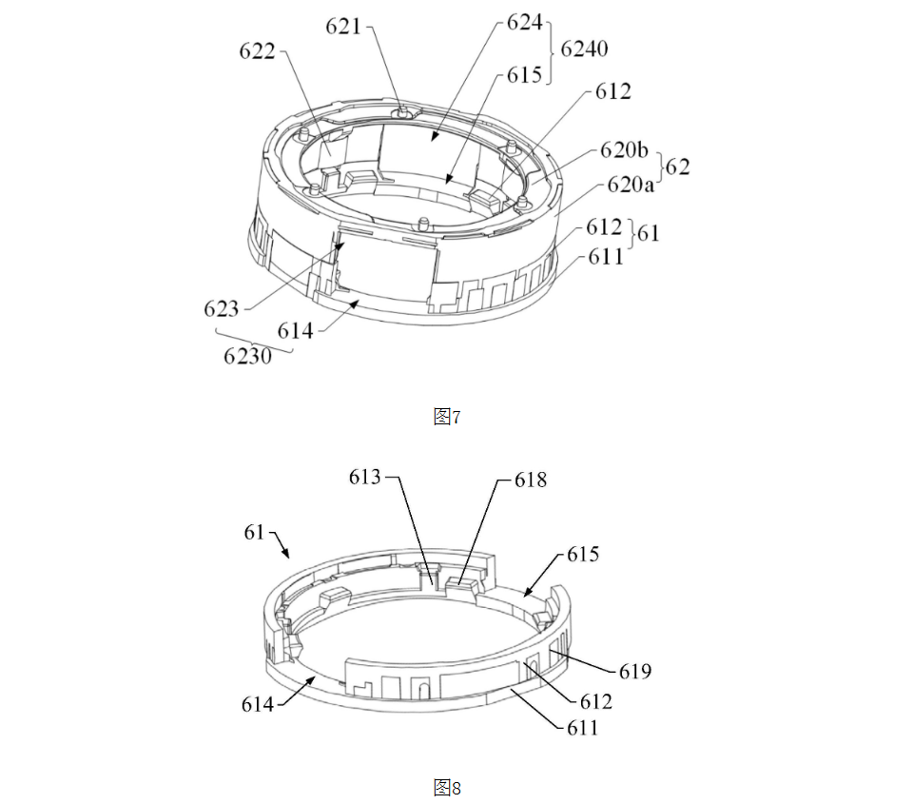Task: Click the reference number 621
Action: (343, 27)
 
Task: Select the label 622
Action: (257, 51)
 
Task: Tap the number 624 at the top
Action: (525, 22)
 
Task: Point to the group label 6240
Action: (584, 49)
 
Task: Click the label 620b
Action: (624, 150)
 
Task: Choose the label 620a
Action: (630, 185)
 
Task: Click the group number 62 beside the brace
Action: (677, 167)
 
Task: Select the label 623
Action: (222, 308)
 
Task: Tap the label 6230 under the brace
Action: (247, 356)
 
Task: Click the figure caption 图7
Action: (447, 417)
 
